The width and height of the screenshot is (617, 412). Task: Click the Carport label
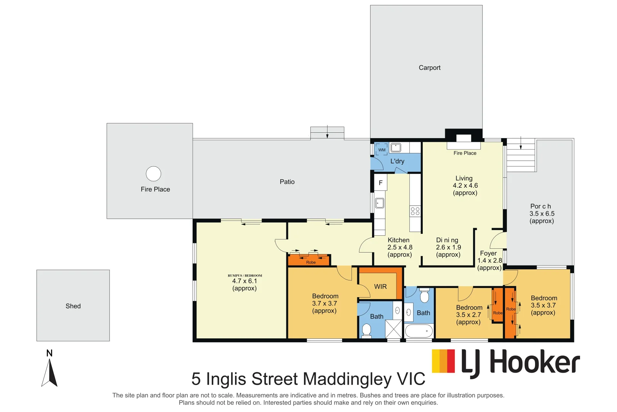[429, 68]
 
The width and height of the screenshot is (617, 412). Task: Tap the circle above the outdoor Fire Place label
[153, 174]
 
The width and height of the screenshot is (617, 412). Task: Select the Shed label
[73, 306]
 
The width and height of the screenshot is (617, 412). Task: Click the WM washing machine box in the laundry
[382, 150]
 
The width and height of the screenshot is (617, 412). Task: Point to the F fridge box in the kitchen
[380, 183]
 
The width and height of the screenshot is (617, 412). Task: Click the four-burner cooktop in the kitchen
[415, 211]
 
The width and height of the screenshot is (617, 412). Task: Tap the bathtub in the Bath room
[419, 331]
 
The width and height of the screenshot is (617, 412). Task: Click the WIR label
[380, 286]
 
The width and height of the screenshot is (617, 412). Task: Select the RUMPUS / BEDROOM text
[245, 275]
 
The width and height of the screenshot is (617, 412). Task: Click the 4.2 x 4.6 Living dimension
[465, 185]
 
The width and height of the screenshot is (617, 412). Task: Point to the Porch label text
[540, 206]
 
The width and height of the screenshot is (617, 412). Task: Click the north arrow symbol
[49, 373]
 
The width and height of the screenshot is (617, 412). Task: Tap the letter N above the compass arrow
[50, 353]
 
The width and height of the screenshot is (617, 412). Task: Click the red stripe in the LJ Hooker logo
[451, 361]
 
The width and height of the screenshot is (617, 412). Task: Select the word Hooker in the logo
[534, 362]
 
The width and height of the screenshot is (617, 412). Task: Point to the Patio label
[287, 182]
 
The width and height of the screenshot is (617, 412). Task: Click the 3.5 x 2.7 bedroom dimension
[468, 315]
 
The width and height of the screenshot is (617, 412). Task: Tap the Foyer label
[488, 253]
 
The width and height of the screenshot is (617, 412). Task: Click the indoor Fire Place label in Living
[465, 153]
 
